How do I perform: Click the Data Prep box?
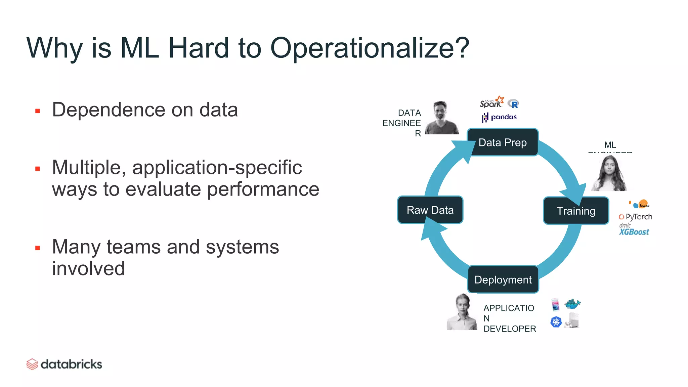click(503, 142)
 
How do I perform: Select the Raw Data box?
click(430, 210)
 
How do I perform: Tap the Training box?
click(576, 211)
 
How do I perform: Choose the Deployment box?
click(503, 279)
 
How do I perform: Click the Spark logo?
click(491, 102)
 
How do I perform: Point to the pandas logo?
click(500, 117)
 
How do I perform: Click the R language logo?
click(514, 104)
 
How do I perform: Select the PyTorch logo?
click(635, 217)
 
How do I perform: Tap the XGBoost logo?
click(634, 231)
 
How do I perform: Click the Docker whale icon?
click(572, 304)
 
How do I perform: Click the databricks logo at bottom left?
click(64, 364)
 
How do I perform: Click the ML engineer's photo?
click(609, 173)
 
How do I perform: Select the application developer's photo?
click(462, 312)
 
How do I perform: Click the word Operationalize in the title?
click(370, 48)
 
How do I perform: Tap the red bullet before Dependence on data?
click(38, 111)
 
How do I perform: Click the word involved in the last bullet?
click(88, 268)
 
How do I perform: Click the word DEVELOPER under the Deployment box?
click(510, 329)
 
